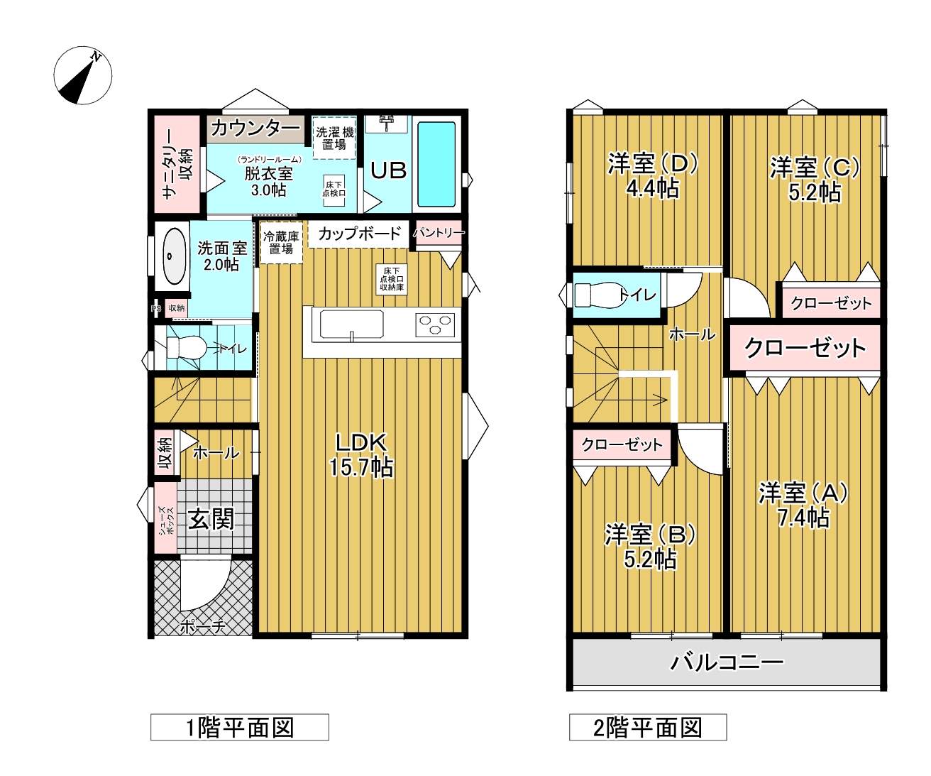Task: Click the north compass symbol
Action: [x=82, y=75]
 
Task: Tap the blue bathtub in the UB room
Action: [x=436, y=164]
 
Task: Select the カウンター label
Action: [x=255, y=129]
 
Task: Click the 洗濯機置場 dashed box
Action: [x=334, y=138]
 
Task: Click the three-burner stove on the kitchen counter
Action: [x=435, y=324]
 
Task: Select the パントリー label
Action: [x=439, y=232]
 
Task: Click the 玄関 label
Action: [x=211, y=520]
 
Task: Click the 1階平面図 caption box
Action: [x=240, y=727]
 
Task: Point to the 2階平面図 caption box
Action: [x=648, y=727]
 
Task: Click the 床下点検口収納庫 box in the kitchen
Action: [x=392, y=279]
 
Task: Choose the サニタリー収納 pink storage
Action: [x=177, y=164]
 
